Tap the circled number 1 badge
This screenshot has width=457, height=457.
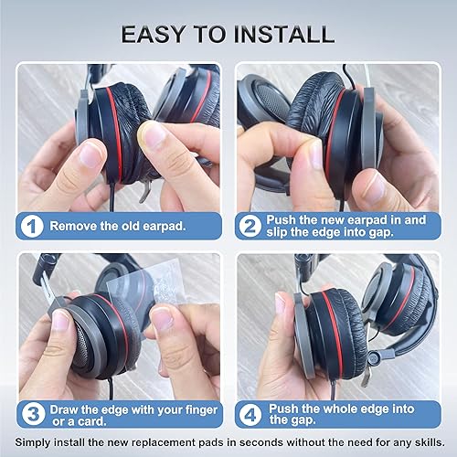point(32,225)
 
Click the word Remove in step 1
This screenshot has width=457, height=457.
point(72,225)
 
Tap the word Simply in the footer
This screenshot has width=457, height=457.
point(35,443)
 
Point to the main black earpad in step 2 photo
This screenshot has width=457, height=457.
point(320,137)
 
